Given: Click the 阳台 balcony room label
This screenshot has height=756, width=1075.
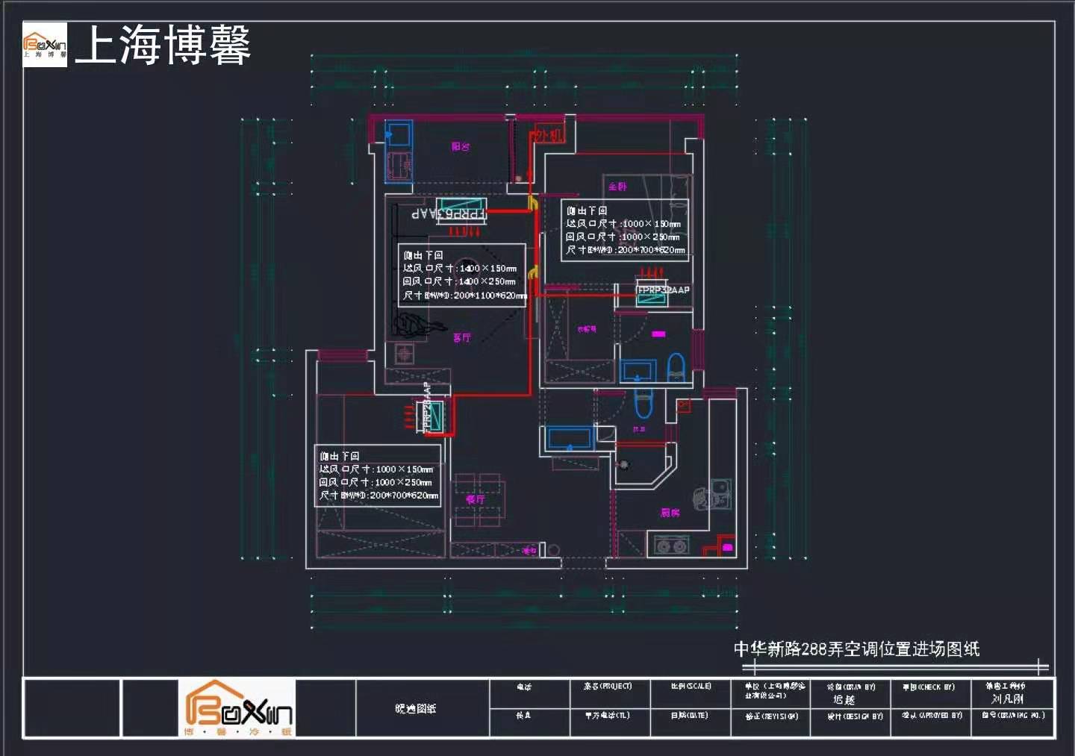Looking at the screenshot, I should [x=461, y=147].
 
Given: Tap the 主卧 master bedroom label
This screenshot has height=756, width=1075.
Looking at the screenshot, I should [x=617, y=187].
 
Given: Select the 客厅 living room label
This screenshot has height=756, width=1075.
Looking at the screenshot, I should [x=462, y=338].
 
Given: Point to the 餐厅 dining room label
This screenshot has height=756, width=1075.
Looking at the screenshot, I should [x=476, y=499].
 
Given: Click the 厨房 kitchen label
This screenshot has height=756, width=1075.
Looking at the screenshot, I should [x=670, y=513].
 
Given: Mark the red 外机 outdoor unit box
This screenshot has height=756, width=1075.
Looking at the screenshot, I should [x=547, y=135].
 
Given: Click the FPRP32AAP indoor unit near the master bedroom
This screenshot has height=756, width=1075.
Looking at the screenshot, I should [x=651, y=295].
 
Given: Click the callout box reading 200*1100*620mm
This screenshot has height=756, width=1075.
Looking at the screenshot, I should [x=462, y=275].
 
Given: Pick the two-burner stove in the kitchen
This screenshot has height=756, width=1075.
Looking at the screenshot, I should [x=670, y=546].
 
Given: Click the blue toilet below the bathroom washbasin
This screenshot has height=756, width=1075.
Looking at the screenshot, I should [x=643, y=402].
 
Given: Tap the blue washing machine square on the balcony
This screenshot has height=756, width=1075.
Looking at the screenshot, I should [x=398, y=134].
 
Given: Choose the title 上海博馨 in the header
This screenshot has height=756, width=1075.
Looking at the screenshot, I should [x=163, y=45].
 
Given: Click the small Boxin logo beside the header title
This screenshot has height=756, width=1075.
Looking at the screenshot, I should [x=45, y=45].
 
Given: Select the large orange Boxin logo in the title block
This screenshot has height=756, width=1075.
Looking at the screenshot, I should [x=237, y=707].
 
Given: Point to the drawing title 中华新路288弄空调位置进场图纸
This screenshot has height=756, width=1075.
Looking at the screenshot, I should [x=856, y=649].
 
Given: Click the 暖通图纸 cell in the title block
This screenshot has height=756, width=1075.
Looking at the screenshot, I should [x=416, y=708].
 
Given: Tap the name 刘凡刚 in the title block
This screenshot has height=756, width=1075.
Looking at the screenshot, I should [x=1007, y=699].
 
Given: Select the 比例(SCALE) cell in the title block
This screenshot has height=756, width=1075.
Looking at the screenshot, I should [x=691, y=687].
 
